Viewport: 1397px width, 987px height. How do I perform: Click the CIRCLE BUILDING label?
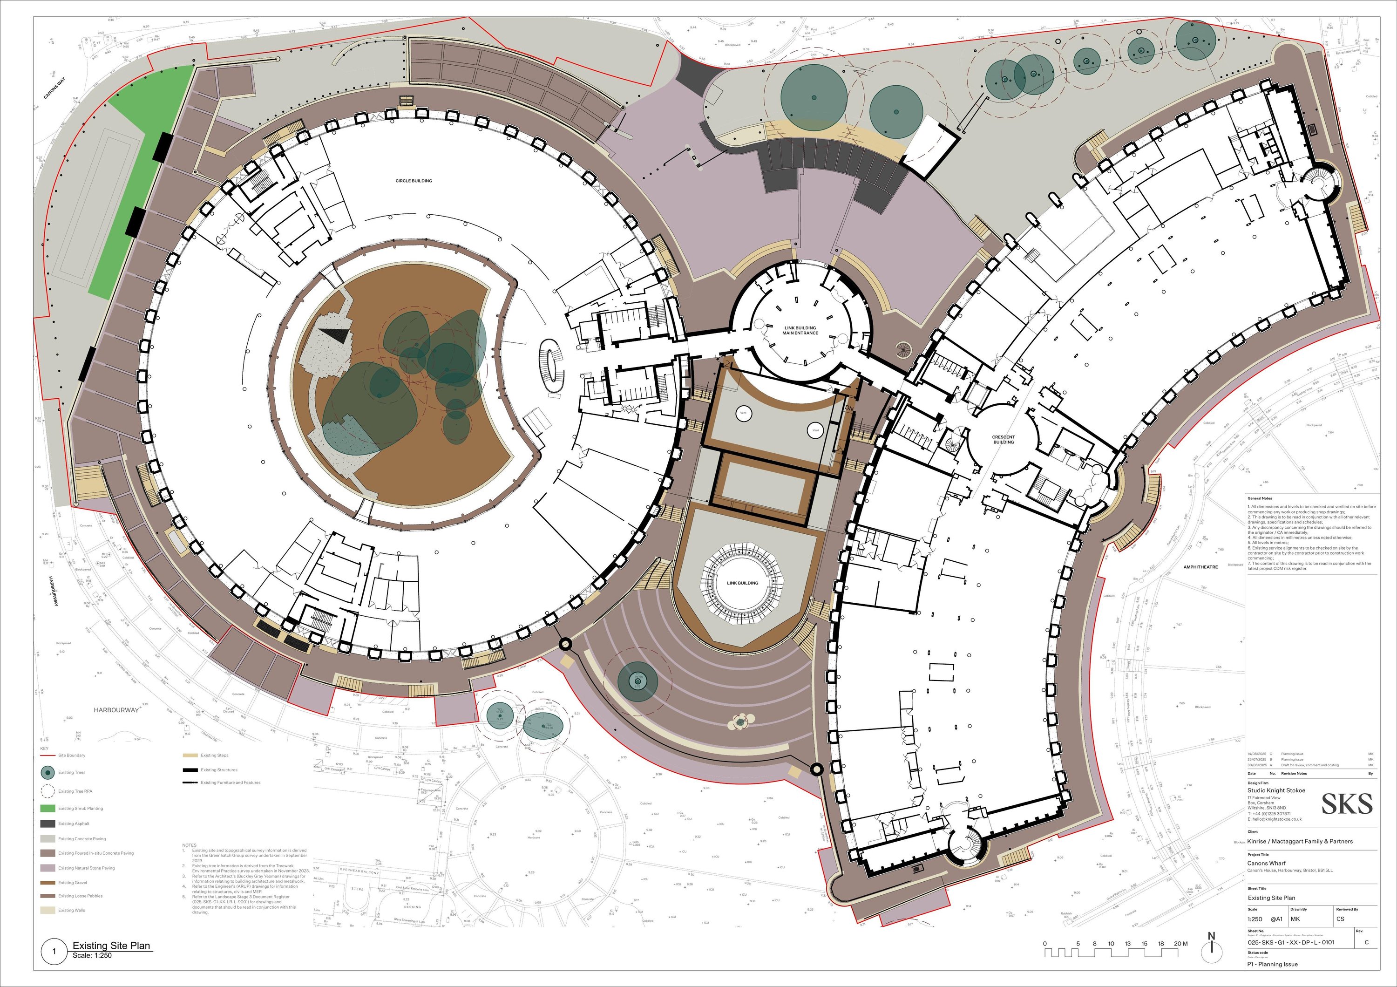414,181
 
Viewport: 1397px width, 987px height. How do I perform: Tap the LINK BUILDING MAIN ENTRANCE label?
800,330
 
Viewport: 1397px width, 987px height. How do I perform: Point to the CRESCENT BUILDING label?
1004,439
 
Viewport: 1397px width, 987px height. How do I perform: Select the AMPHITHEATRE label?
1200,567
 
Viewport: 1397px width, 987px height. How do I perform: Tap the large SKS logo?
1347,804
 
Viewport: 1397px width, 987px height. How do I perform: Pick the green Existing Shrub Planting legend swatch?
47,809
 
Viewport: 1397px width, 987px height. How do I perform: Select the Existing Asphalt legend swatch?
47,824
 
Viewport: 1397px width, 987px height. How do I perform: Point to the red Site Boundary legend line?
47,755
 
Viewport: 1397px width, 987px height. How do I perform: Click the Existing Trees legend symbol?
47,773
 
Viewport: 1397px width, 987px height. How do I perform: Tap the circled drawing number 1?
54,952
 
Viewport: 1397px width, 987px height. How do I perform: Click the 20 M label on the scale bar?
1180,944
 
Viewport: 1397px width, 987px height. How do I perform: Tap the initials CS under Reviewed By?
1340,919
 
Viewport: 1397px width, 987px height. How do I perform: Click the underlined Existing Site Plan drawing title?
111,946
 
